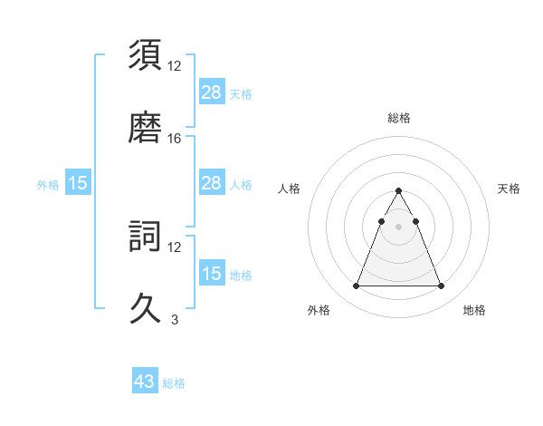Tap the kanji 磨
tap(147, 126)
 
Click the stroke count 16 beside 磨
tap(175, 138)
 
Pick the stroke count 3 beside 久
tap(175, 319)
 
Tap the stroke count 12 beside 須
tap(175, 66)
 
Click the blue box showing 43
tap(145, 382)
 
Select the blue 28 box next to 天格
tap(212, 92)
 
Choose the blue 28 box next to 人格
tap(212, 183)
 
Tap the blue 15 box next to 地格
tap(212, 274)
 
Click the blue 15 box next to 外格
tap(78, 183)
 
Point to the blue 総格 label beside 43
tap(174, 383)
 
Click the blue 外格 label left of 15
tap(48, 184)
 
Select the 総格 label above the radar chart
tap(398, 118)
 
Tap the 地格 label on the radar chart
tap(474, 311)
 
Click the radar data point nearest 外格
tap(356, 286)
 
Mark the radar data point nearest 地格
tap(441, 286)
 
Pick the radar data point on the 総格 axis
tap(398, 190)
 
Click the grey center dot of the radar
tap(398, 227)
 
